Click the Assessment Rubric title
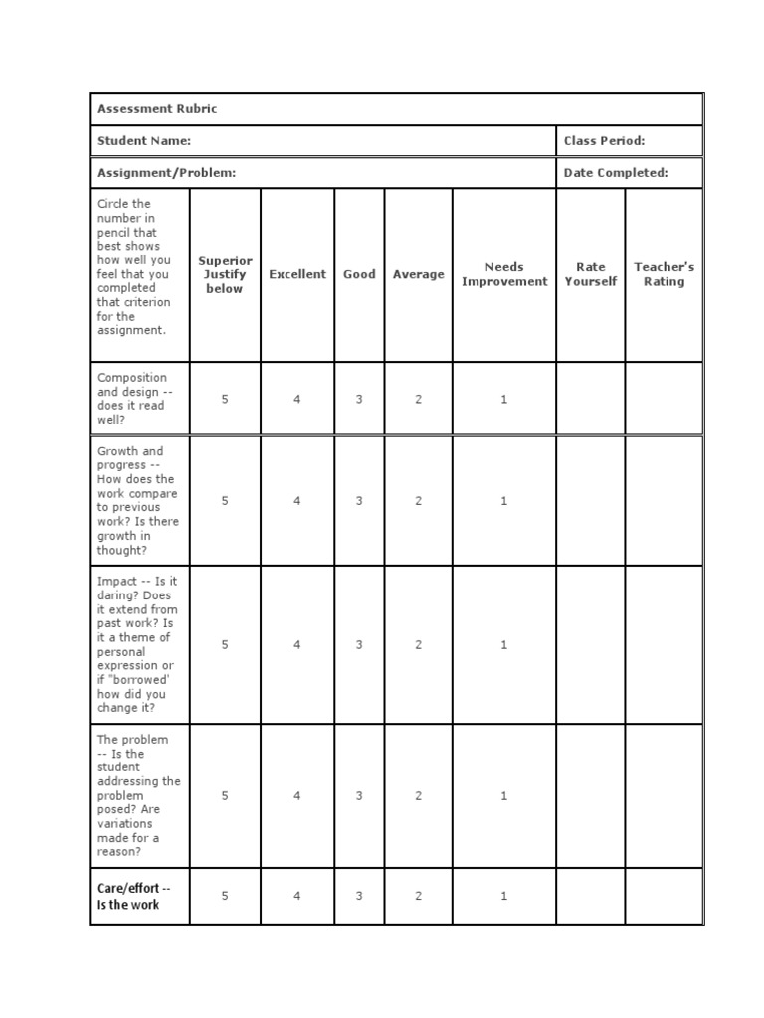point(156,109)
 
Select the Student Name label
point(144,141)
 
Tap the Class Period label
point(604,141)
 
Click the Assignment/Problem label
point(166,173)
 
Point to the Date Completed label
point(616,173)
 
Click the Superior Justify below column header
point(225,275)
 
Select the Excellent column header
point(297,274)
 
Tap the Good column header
point(359,274)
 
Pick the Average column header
point(418,274)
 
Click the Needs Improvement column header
point(504,274)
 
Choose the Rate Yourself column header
point(590,274)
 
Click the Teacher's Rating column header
point(664,274)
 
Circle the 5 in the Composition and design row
point(225,399)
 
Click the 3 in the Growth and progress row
point(359,501)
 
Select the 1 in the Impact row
point(504,645)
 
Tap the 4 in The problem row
point(297,796)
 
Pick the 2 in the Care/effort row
point(418,896)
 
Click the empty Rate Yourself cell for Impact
point(590,645)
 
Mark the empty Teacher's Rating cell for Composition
point(664,399)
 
